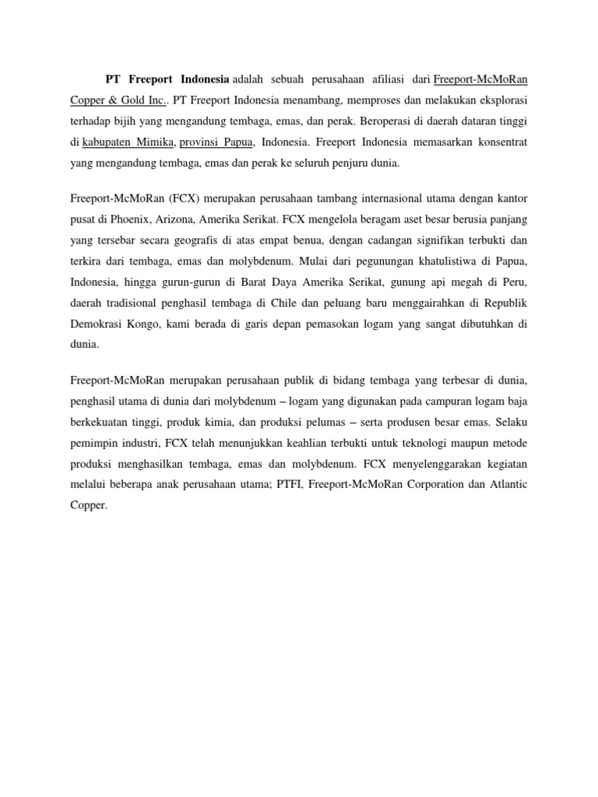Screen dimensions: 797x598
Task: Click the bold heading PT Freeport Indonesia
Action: [x=167, y=79]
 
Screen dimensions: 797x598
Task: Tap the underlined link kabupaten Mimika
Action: [x=128, y=143]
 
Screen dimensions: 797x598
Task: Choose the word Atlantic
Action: [x=504, y=484]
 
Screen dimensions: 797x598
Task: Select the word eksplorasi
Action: [x=498, y=101]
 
